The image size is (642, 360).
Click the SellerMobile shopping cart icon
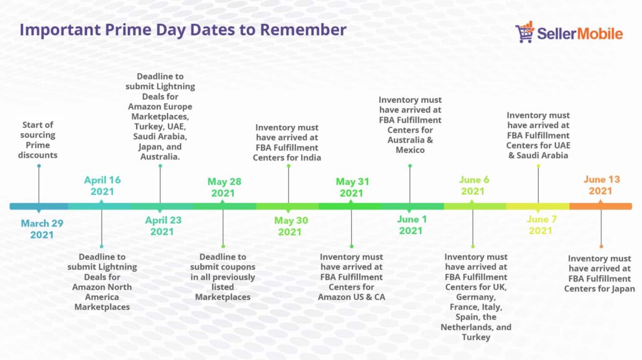(525, 32)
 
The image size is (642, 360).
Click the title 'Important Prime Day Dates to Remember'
(183, 30)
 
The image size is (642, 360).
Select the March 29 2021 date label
(42, 229)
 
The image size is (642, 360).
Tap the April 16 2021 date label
(102, 186)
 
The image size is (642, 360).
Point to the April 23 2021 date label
(163, 226)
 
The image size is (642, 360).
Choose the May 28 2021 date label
(224, 187)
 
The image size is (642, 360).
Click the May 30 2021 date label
(291, 226)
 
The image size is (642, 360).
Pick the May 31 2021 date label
(352, 187)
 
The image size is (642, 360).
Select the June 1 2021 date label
(411, 225)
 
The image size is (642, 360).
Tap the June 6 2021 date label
(474, 186)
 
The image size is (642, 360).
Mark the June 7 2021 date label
(541, 225)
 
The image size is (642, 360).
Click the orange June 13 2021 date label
(601, 185)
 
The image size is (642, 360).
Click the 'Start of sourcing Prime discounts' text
(38, 140)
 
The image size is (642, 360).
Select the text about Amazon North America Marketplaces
(102, 282)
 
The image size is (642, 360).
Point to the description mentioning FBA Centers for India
(287, 142)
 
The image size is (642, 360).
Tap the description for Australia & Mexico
(410, 125)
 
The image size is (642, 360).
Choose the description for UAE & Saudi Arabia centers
(538, 135)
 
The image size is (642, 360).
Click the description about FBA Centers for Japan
(599, 273)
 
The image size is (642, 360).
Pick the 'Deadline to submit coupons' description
(223, 277)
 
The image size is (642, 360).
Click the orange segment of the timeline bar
(600, 206)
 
